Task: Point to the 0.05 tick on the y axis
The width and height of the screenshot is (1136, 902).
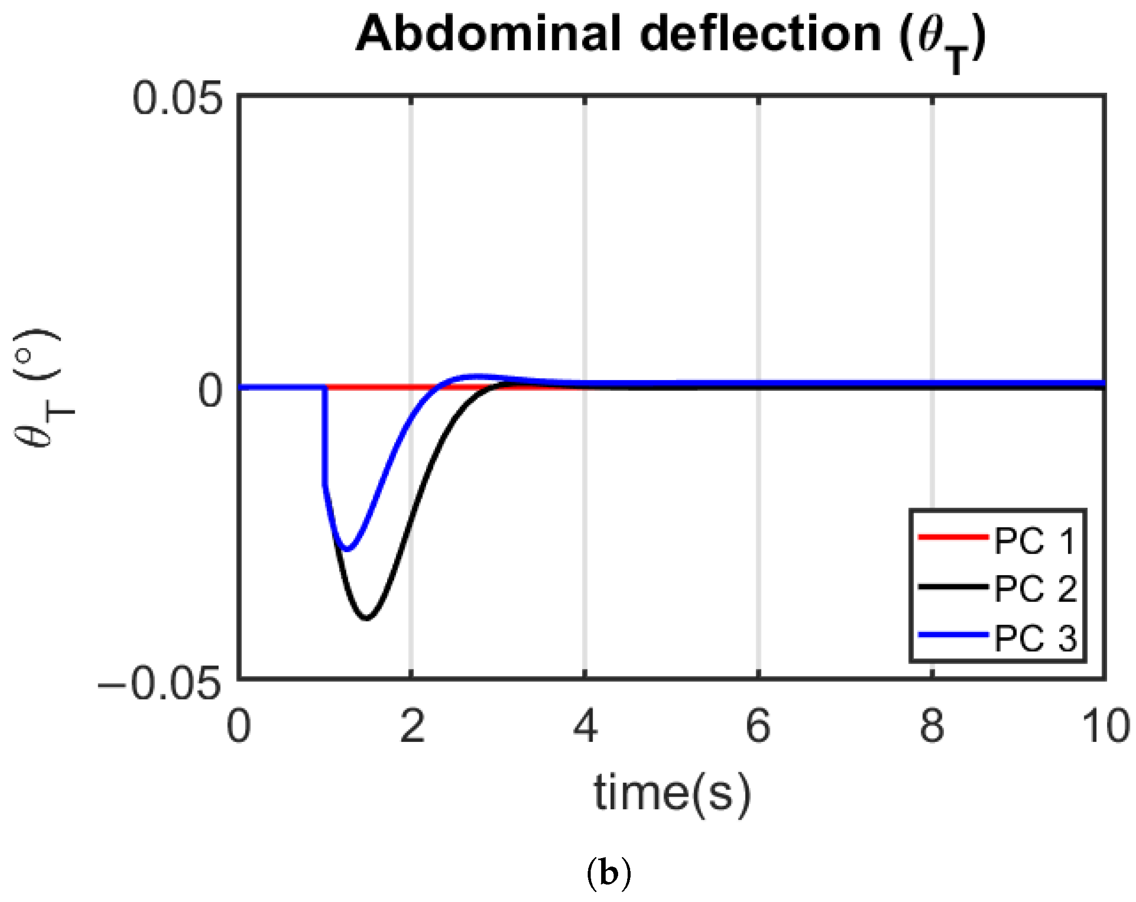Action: pos(176,100)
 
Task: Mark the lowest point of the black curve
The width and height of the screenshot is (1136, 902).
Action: pos(367,618)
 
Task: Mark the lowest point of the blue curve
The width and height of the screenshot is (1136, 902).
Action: pos(347,549)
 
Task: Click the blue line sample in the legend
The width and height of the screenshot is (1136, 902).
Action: pos(952,636)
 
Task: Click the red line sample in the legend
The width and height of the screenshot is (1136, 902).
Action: pos(952,537)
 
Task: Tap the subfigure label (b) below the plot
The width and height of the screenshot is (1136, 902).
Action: pos(608,874)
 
